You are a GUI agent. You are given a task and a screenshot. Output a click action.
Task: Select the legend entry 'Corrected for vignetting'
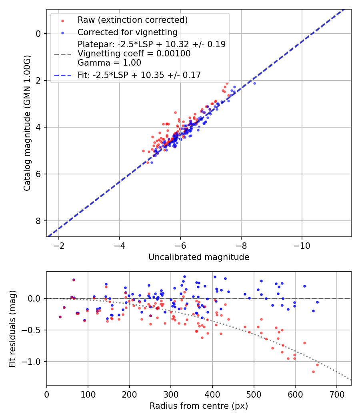(127, 32)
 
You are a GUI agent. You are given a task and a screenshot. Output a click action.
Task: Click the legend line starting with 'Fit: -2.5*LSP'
(139, 75)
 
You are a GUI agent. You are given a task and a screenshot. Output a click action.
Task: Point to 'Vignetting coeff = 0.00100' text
(134, 54)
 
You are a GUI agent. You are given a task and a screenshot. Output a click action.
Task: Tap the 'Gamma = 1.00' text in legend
(109, 62)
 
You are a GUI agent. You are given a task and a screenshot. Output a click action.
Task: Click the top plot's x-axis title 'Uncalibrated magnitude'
(199, 257)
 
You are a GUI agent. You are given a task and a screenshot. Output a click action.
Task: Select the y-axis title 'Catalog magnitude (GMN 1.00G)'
(27, 123)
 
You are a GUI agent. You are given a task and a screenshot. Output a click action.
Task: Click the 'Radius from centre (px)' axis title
(199, 406)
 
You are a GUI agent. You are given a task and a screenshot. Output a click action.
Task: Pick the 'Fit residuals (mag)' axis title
(12, 329)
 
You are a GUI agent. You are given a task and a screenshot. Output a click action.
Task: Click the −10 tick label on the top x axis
(302, 246)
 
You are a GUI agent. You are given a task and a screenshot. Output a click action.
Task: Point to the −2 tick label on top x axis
(59, 246)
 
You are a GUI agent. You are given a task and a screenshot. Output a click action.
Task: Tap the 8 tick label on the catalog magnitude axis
(39, 221)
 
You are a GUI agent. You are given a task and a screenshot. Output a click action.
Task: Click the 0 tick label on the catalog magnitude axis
(39, 34)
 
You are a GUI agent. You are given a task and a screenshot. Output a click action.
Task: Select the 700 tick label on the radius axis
(336, 394)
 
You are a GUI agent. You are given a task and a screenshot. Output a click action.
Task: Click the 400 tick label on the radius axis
(212, 394)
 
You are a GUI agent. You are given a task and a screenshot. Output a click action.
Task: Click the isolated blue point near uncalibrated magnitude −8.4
(254, 83)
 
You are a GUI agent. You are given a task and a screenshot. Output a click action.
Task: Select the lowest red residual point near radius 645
(313, 372)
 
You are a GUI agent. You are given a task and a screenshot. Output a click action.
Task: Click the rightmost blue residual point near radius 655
(317, 302)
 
